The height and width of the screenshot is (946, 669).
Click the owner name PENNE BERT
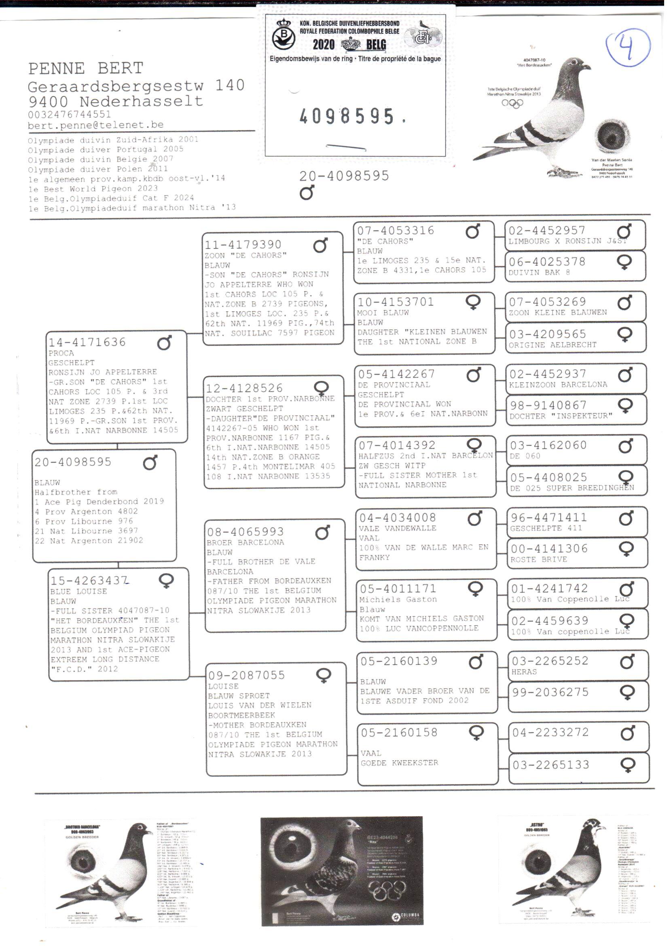coord(86,68)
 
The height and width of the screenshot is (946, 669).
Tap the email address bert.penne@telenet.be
coord(95,125)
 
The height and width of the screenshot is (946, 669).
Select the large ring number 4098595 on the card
coord(347,117)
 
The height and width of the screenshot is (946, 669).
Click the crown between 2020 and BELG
coord(351,44)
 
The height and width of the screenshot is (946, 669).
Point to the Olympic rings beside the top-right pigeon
coord(512,103)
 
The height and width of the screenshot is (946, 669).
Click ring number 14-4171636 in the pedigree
coord(87,342)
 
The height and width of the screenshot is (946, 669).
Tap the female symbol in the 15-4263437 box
coord(166,580)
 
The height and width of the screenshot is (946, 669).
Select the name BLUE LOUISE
coord(79,591)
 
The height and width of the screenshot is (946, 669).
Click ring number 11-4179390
coord(243,245)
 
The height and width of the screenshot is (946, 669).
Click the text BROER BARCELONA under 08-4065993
coord(245,542)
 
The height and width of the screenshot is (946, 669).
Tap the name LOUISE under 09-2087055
coord(223,686)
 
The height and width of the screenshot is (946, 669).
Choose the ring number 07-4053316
coord(396,230)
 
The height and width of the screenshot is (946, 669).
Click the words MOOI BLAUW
coord(383,312)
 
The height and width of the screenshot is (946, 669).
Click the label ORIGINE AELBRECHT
coord(552,344)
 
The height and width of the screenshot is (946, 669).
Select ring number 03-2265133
coord(551,765)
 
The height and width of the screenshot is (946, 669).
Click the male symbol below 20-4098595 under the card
coord(307,192)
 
